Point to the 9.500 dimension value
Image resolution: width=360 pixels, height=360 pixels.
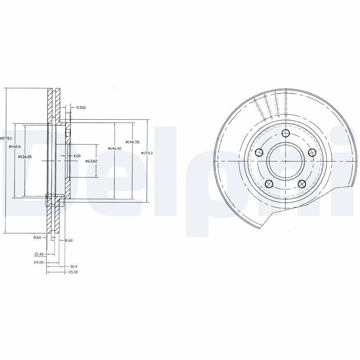pos(81,107)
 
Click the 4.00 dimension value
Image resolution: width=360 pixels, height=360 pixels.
pos(77,156)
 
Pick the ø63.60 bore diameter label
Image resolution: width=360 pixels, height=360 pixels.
pos(91,161)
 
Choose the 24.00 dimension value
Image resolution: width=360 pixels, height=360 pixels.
pos(38,262)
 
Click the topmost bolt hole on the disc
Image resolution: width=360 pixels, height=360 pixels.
pos(285,133)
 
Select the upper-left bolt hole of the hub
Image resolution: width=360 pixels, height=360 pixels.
pos(259,153)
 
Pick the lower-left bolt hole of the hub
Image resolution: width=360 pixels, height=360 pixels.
pos(269,183)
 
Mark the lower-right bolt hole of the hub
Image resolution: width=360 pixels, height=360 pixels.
pos(301,183)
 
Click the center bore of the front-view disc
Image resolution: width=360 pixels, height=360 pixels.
pos(285,161)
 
